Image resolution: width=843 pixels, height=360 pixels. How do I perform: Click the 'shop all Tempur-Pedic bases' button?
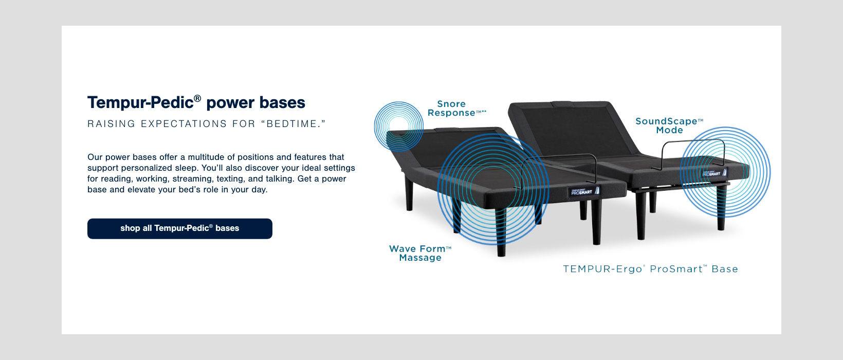point(180,228)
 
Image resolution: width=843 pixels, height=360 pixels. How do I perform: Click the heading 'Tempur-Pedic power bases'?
point(196,102)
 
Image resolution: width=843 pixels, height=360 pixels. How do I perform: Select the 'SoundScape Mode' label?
point(669,125)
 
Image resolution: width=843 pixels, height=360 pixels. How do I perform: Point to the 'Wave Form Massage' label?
point(420,253)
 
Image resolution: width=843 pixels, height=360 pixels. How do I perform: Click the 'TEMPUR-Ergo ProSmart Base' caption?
point(650,269)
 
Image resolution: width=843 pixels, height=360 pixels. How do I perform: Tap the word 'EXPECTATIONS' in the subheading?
point(184,124)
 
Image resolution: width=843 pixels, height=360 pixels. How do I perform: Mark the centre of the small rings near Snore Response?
point(398,126)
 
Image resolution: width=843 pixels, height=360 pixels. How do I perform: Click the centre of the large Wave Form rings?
point(492,189)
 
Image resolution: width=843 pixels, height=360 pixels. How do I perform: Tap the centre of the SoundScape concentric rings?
point(725,172)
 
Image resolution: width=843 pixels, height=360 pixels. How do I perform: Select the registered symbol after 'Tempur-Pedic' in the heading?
point(197,97)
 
